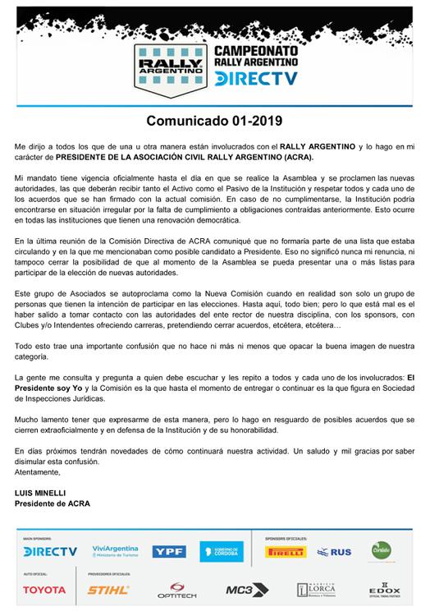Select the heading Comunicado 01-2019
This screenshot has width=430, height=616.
coord(215,121)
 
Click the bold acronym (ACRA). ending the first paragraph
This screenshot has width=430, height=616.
coord(310,156)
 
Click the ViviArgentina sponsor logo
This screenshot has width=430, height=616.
coord(113,551)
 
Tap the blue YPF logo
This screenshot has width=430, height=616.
coord(169,552)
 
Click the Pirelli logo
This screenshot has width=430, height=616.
coord(286,552)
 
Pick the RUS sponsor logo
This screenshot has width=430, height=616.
coord(333,552)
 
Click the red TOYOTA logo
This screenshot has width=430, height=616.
coord(44,590)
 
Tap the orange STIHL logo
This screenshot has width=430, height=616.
coord(108,590)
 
